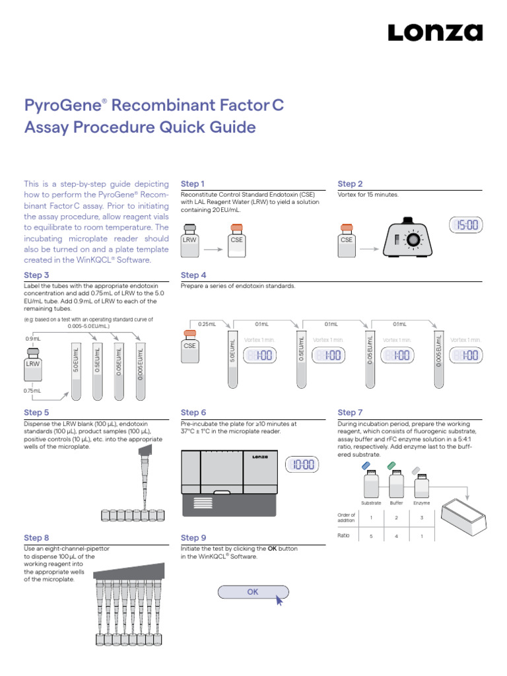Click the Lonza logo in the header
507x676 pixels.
pyautogui.click(x=434, y=33)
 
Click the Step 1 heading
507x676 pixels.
pyautogui.click(x=193, y=184)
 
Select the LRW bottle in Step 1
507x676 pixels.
pyautogui.click(x=189, y=238)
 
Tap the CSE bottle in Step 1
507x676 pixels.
pyautogui.click(x=236, y=238)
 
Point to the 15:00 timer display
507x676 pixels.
pyautogui.click(x=466, y=226)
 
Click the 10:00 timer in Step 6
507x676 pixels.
pyautogui.click(x=302, y=465)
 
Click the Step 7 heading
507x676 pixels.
pyautogui.click(x=350, y=412)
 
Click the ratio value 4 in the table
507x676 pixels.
pyautogui.click(x=396, y=536)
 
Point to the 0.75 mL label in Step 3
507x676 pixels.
pyautogui.click(x=33, y=391)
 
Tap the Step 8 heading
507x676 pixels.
pyautogui.click(x=36, y=538)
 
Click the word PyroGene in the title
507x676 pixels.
pyautogui.click(x=61, y=106)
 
